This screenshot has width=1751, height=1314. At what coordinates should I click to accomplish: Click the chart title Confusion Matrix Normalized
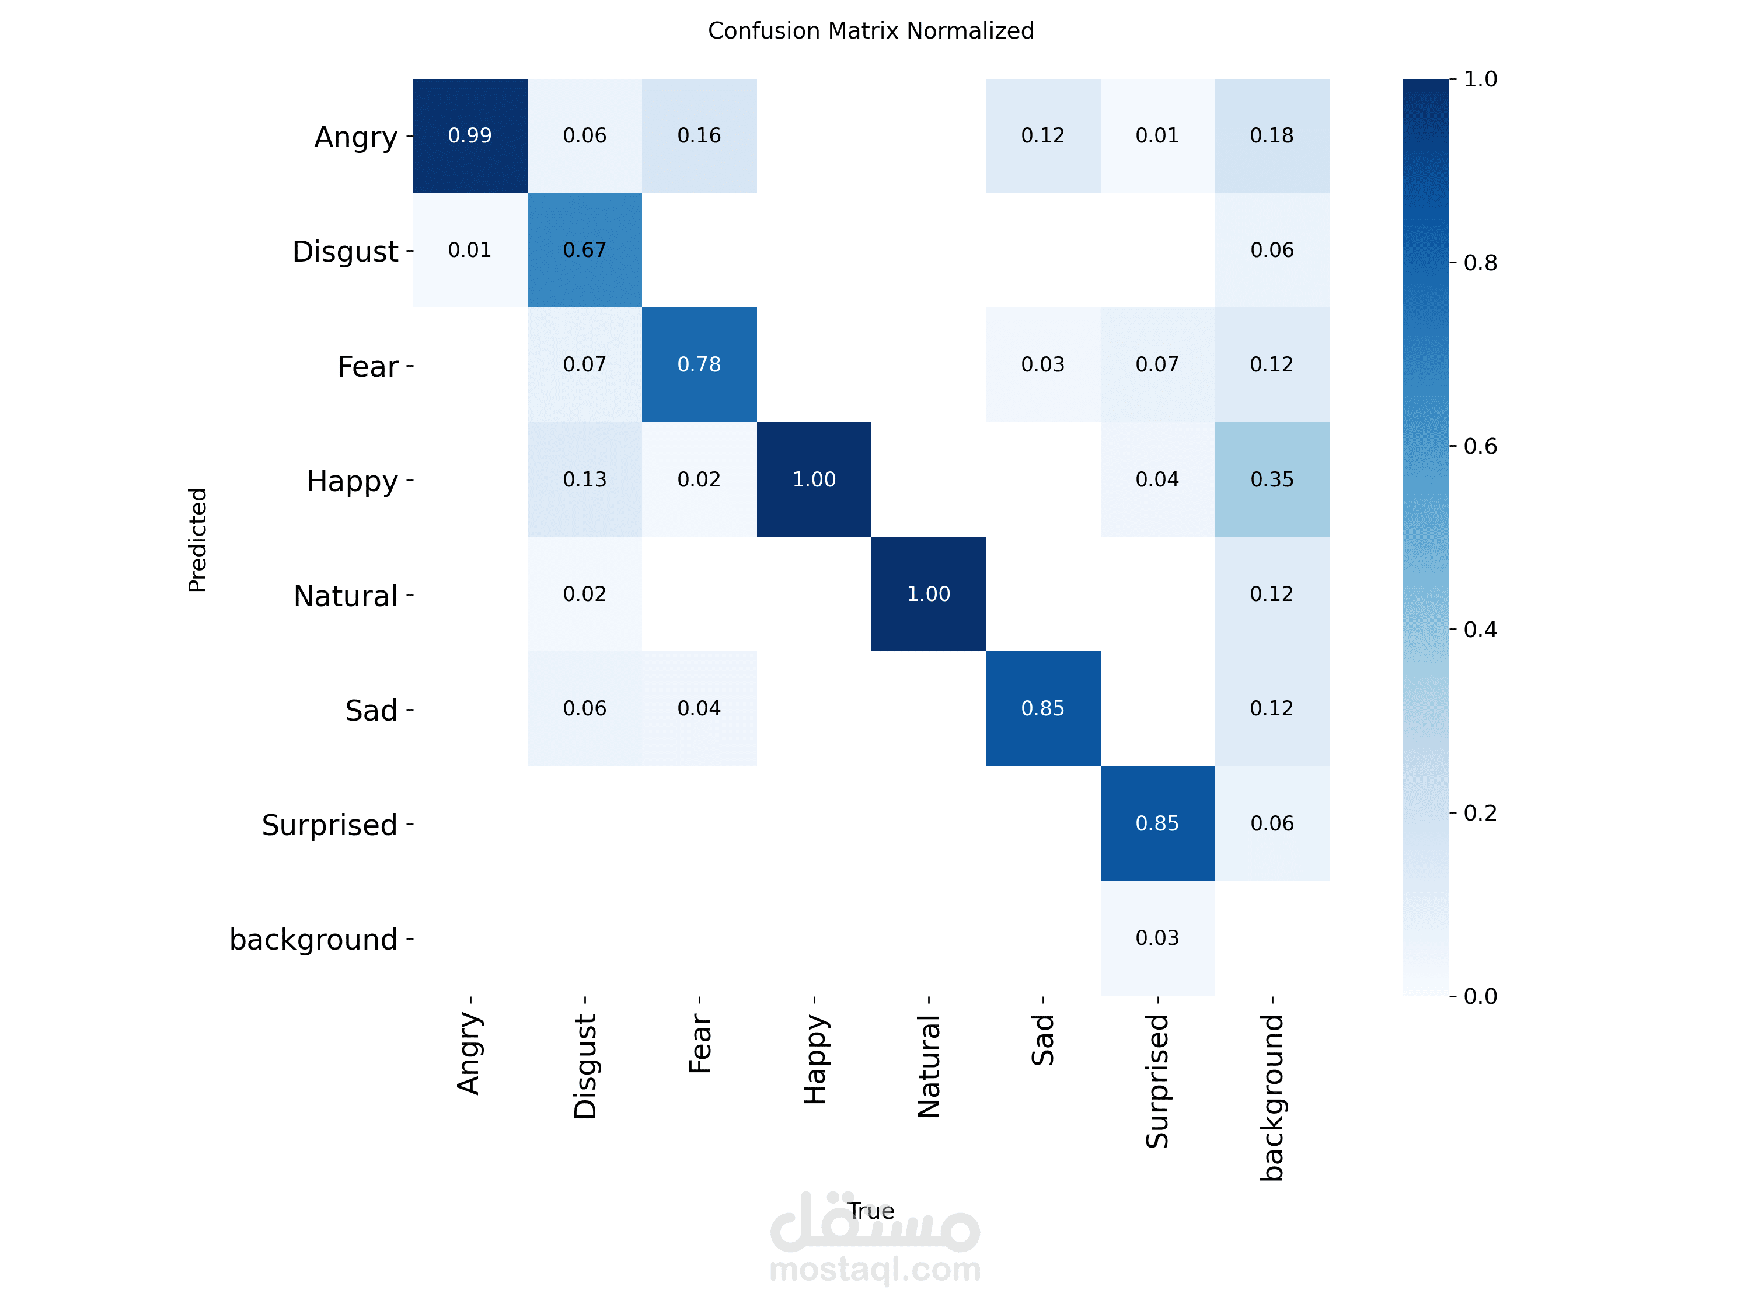(x=871, y=31)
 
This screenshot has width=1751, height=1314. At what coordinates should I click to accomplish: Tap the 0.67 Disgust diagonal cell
(x=584, y=251)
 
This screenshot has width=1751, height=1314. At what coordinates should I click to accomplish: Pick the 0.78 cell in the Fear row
(x=699, y=364)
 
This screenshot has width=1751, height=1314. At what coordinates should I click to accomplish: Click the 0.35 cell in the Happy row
(x=1271, y=479)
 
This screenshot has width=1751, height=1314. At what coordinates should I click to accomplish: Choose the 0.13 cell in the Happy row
(x=584, y=479)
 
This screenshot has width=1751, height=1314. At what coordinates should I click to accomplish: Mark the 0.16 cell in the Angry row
(x=699, y=135)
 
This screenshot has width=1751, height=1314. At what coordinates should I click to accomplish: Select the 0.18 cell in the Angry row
(x=1271, y=135)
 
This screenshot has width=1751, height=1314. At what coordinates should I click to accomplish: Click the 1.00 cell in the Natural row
(x=928, y=594)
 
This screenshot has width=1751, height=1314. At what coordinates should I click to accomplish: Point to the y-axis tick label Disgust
(x=345, y=252)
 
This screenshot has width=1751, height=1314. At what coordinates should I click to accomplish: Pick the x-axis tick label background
(x=1272, y=1098)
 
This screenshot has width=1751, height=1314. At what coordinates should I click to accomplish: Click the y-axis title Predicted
(x=197, y=540)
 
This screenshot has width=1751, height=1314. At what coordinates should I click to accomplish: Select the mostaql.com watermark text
(x=875, y=1269)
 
